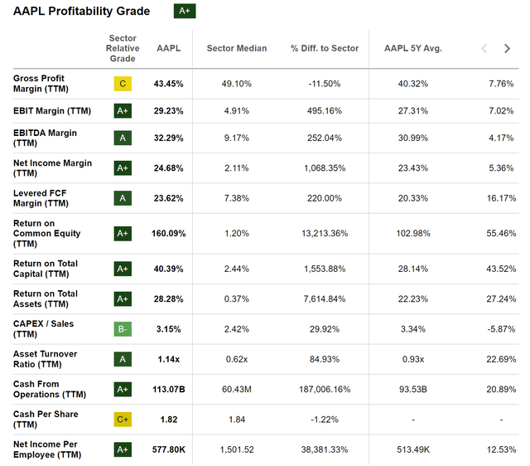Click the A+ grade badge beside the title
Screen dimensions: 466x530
(184, 11)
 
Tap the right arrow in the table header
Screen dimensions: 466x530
(507, 49)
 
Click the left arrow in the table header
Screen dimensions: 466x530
(484, 49)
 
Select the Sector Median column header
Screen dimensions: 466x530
(236, 48)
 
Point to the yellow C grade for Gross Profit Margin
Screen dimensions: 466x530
(123, 84)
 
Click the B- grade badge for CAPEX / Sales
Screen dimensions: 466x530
(123, 328)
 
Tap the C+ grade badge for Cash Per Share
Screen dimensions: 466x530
(123, 420)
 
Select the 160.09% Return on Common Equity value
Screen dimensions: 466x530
(168, 234)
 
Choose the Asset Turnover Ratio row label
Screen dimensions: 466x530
(46, 359)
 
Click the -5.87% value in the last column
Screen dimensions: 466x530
(500, 328)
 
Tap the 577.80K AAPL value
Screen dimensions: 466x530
(168, 450)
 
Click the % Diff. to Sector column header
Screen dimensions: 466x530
(325, 48)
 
